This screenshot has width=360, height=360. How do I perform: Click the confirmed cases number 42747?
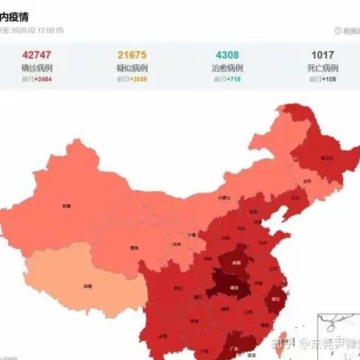37,55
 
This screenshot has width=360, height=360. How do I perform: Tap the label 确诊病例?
37,68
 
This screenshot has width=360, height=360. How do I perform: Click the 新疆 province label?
67,205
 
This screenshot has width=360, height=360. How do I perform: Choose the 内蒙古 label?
224,198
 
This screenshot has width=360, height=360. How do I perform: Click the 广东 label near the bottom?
233,347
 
